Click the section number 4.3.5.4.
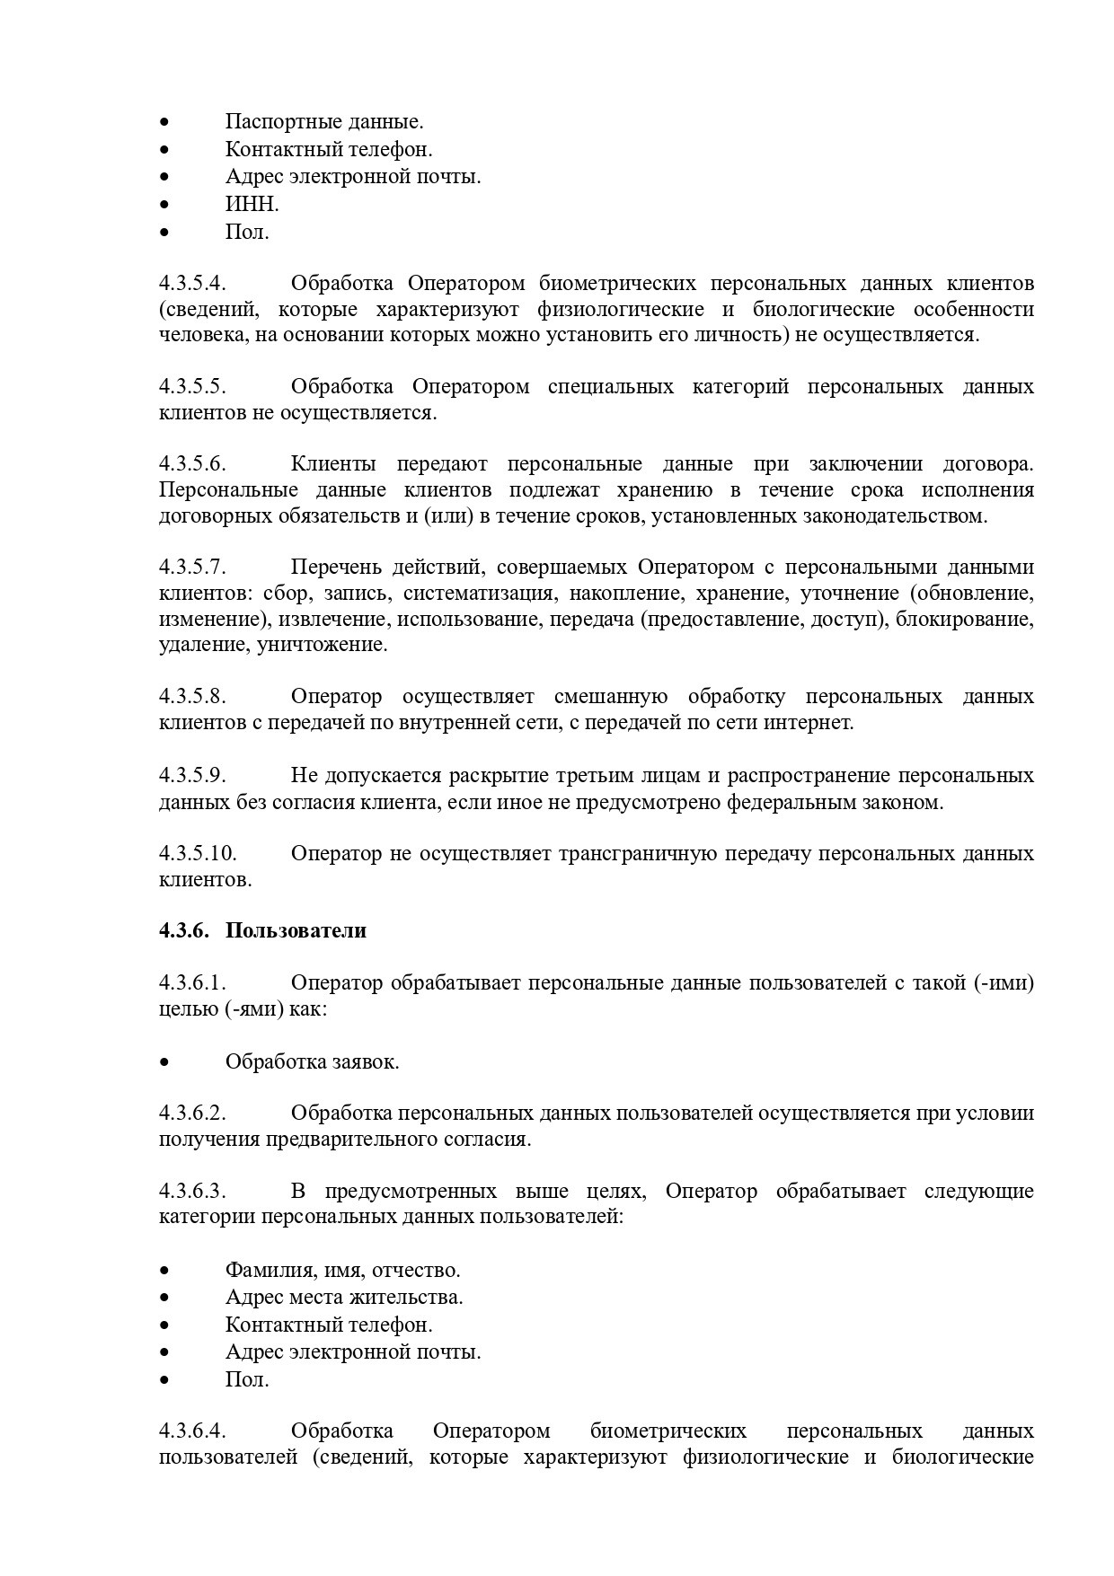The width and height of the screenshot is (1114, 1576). (x=192, y=284)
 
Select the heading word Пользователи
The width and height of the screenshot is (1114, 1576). (x=296, y=930)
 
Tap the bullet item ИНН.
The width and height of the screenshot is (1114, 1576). (x=252, y=205)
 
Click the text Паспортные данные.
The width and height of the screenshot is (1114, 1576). (x=324, y=121)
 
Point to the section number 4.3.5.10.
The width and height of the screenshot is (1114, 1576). (x=198, y=853)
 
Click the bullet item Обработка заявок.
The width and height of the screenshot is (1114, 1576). (x=312, y=1061)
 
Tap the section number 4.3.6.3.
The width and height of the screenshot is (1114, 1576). (x=192, y=1192)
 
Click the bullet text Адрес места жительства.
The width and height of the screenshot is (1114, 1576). (x=344, y=1298)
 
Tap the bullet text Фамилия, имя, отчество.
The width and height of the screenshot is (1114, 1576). (x=342, y=1271)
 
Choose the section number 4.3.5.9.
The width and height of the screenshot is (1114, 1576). (x=192, y=776)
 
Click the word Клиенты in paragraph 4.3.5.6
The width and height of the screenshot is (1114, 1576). (x=333, y=464)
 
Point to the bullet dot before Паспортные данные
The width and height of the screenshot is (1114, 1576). (x=164, y=122)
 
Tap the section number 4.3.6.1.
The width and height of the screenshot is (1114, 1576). (x=192, y=983)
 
